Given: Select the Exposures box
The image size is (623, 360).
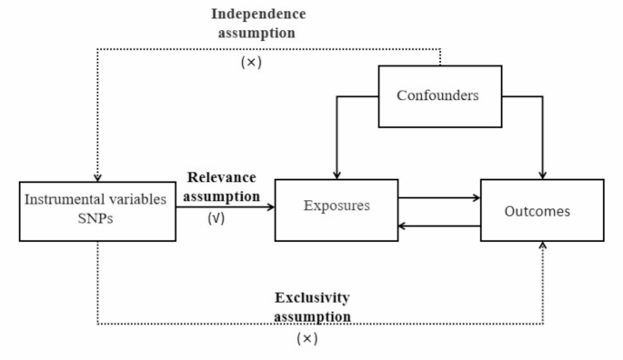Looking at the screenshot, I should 337,205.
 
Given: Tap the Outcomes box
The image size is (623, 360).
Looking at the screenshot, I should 542,210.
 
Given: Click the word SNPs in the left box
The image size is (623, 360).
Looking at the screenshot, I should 96,218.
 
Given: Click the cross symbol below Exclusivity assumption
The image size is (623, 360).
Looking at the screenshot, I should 307,338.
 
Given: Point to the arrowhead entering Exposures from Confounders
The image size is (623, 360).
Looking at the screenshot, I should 337,174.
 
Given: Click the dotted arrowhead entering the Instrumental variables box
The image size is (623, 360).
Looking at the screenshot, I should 97,176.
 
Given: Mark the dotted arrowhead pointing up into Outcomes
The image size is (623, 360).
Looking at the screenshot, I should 543,246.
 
